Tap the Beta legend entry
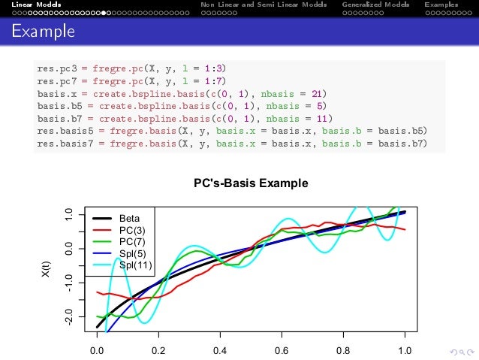point(129,219)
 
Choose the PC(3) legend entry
point(132,230)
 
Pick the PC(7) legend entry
point(132,241)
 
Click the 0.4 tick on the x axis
point(220,350)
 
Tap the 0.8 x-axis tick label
point(343,350)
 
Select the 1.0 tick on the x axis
point(405,350)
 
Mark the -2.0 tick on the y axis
point(69,316)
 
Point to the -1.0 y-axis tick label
point(69,282)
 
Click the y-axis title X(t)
point(47,271)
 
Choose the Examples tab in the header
point(441,5)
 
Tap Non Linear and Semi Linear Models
point(264,5)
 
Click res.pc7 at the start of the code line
point(56,81)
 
